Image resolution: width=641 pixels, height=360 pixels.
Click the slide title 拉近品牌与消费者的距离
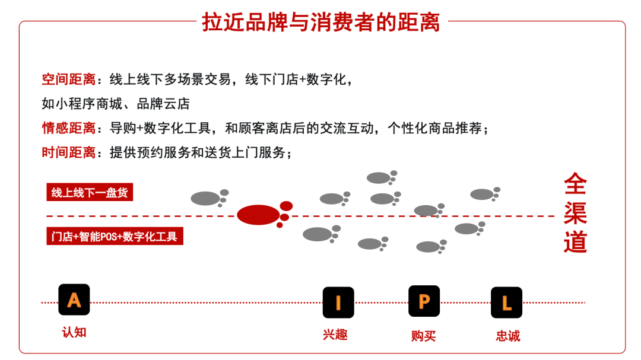[321, 22]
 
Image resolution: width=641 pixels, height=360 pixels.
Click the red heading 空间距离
[68, 79]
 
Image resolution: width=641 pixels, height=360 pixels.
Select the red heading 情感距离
[68, 128]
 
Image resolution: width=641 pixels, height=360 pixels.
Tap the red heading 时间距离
[68, 152]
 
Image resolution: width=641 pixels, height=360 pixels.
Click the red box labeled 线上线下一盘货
[90, 193]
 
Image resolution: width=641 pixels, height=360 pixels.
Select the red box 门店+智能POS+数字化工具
[115, 236]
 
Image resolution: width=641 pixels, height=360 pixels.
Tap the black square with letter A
[74, 300]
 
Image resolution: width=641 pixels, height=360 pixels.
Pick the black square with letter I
[338, 302]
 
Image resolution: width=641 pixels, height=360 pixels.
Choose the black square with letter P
[424, 301]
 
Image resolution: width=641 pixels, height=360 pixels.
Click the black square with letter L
[506, 302]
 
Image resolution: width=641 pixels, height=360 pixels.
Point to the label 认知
[74, 332]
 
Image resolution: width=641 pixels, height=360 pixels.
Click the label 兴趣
[335, 334]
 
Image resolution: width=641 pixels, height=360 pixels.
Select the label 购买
[423, 336]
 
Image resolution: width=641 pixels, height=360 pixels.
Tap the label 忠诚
[507, 336]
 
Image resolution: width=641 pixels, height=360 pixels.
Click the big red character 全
[575, 184]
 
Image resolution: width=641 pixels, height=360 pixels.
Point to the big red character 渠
[575, 214]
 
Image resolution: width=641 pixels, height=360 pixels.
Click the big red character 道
[575, 242]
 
